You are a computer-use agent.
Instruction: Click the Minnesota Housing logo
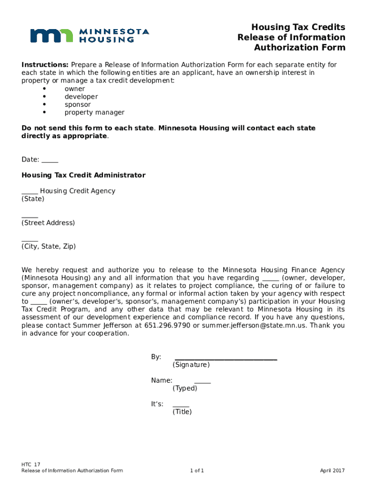(x=90, y=36)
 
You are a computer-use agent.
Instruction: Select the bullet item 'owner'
(x=75, y=89)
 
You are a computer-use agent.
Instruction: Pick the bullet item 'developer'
(x=81, y=97)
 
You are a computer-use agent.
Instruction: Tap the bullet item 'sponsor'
(x=78, y=104)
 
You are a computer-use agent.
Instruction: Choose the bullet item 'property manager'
(x=94, y=112)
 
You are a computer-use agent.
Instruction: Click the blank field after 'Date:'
(x=50, y=160)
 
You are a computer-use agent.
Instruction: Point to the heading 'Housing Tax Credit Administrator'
(x=83, y=175)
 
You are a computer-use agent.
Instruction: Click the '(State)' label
(x=32, y=199)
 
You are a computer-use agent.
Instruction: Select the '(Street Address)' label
(x=48, y=223)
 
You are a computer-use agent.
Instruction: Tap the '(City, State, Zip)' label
(x=48, y=246)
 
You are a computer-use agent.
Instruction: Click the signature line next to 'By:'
(x=225, y=357)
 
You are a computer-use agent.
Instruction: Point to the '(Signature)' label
(x=191, y=365)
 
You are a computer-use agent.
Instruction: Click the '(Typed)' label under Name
(x=184, y=388)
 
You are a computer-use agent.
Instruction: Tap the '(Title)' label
(x=182, y=412)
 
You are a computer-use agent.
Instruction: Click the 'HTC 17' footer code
(x=31, y=464)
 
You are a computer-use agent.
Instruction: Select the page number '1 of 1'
(x=197, y=471)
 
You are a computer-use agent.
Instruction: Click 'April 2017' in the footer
(x=332, y=471)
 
